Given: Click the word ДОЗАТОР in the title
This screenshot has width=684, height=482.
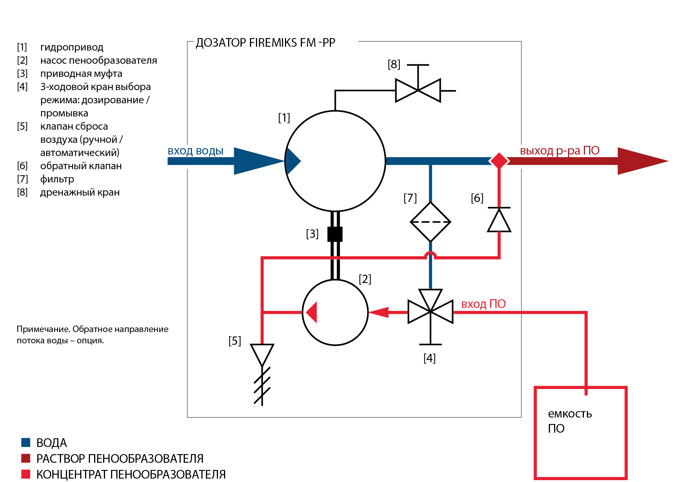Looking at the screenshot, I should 221,43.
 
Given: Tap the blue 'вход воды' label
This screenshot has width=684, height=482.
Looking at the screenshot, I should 195,151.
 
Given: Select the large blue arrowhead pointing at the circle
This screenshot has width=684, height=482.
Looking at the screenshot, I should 256,161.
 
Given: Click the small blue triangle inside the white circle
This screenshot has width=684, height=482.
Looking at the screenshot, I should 292,161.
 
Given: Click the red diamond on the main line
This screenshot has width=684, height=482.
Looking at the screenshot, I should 499,161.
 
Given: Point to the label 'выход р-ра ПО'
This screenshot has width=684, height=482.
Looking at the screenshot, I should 559,151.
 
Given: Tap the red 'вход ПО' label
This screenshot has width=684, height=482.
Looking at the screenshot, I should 483,304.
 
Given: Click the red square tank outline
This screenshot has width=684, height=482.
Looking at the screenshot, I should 535,433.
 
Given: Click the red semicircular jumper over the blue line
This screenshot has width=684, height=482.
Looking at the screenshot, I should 430,255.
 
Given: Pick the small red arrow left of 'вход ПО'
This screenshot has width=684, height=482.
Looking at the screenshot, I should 380,312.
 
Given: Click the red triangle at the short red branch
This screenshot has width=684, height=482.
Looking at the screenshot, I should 312,312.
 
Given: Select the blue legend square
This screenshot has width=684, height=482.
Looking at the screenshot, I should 26,442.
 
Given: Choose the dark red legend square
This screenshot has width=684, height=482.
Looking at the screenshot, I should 26,458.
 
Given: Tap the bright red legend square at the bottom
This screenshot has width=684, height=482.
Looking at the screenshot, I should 26,474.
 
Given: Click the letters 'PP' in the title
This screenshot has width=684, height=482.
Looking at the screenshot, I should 329,43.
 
